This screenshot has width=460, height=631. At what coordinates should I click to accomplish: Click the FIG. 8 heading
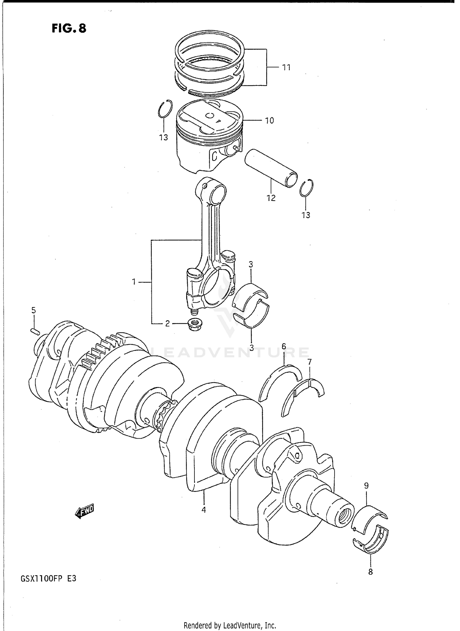pyautogui.click(x=69, y=28)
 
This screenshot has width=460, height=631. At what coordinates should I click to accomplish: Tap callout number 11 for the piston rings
pyautogui.click(x=286, y=67)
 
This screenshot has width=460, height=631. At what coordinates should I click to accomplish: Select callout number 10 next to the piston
pyautogui.click(x=269, y=121)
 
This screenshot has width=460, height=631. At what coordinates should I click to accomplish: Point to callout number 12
pyautogui.click(x=271, y=198)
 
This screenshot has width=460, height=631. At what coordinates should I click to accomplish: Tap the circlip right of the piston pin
pyautogui.click(x=306, y=188)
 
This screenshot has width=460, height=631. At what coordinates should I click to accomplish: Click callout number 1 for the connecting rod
pyautogui.click(x=134, y=281)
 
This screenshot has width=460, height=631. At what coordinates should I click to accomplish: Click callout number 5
pyautogui.click(x=33, y=310)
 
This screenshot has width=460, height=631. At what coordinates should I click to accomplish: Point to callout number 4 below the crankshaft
pyautogui.click(x=203, y=510)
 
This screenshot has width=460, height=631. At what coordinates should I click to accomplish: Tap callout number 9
pyautogui.click(x=366, y=486)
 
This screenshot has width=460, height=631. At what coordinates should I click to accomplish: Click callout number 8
pyautogui.click(x=370, y=572)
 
